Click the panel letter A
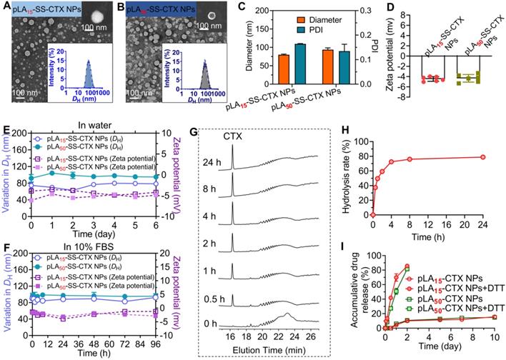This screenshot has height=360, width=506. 6,6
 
